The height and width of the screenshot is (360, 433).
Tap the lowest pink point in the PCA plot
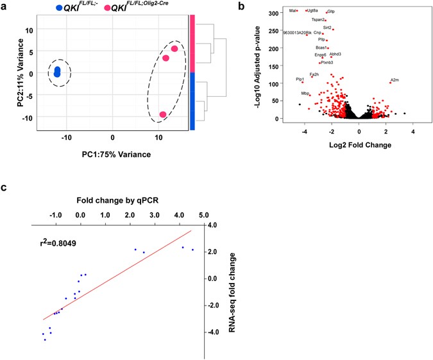click(x=163, y=115)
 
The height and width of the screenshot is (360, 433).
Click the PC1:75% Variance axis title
click(x=112, y=154)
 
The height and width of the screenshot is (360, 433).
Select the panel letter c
click(x=5, y=187)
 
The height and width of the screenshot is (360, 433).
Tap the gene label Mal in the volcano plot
click(x=292, y=11)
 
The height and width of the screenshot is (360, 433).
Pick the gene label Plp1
click(x=300, y=79)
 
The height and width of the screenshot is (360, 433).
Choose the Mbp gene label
click(x=305, y=94)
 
